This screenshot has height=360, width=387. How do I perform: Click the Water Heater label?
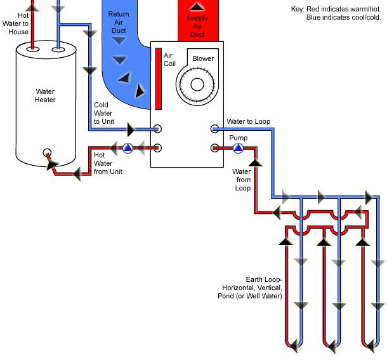(x=45, y=95)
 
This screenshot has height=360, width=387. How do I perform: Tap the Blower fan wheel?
(x=194, y=83)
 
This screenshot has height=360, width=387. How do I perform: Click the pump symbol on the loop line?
(x=238, y=149)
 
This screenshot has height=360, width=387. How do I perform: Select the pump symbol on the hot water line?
(x=128, y=149)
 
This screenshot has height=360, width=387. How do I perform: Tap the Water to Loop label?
(x=248, y=121)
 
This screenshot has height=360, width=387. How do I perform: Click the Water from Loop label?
(x=242, y=180)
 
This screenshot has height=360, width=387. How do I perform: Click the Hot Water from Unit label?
(x=108, y=163)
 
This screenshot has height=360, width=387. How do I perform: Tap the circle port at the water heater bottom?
(x=46, y=153)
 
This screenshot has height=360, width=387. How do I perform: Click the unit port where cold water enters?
(x=158, y=129)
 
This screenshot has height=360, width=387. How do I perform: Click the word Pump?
(x=238, y=138)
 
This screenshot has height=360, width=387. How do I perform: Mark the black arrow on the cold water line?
(x=131, y=130)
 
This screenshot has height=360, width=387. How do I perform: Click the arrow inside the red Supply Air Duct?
(x=197, y=7)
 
